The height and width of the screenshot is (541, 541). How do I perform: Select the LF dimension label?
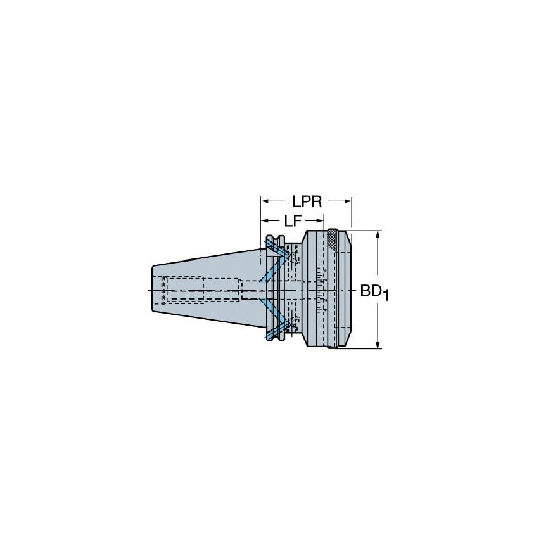(x=291, y=221)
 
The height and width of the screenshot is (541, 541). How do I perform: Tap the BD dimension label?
(x=371, y=291)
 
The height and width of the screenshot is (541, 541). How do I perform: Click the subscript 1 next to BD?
(x=386, y=296)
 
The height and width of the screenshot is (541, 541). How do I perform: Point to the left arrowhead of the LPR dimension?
(x=264, y=201)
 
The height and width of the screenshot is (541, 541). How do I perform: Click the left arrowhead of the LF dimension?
(x=264, y=221)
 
